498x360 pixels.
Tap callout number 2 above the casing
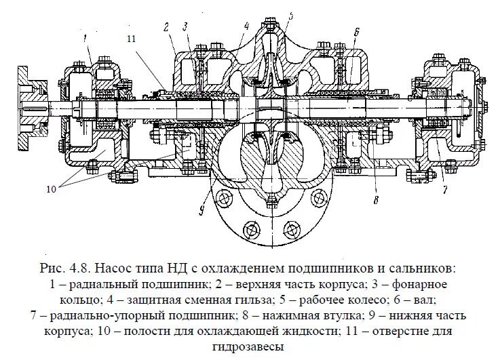[165, 26]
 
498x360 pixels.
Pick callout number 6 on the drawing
[356, 31]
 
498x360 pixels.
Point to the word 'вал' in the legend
[426, 298]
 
